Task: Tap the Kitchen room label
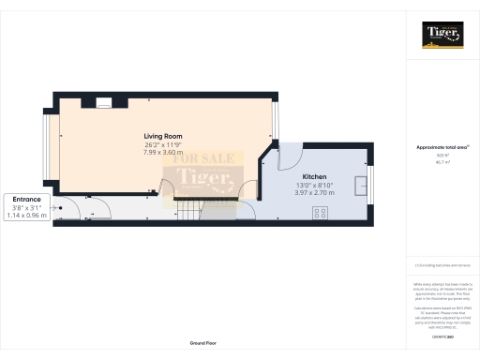314,176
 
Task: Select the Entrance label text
27,199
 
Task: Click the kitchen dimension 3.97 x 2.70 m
314,193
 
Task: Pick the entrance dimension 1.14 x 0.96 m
27,215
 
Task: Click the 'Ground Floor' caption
203,344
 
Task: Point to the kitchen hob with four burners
319,214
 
